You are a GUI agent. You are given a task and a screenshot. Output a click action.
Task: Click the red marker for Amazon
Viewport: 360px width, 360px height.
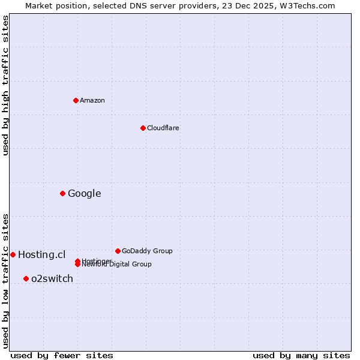[76, 100]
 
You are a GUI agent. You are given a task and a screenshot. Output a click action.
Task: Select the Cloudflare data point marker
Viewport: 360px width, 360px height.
[143, 128]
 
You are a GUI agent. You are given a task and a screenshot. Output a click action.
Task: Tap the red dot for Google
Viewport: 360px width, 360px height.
[62, 193]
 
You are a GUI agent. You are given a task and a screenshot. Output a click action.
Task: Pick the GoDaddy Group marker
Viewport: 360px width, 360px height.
[118, 251]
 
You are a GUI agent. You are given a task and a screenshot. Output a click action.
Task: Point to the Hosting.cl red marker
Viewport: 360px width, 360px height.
[13, 254]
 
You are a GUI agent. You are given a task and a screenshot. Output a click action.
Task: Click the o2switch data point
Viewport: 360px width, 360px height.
[26, 278]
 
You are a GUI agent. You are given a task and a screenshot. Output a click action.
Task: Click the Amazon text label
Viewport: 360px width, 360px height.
[92, 100]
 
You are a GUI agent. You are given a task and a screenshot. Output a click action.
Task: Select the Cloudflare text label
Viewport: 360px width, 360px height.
[163, 128]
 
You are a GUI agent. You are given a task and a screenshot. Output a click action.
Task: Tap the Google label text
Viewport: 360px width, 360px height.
[84, 193]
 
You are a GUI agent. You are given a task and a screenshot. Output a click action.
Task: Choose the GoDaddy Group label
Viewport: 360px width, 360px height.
[147, 251]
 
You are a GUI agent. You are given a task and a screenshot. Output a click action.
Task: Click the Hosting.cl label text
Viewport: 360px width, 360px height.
[41, 254]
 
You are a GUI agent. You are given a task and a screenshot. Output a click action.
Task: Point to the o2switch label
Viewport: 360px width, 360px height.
[52, 278]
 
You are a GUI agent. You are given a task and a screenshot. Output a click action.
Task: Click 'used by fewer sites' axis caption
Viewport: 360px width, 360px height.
[62, 355]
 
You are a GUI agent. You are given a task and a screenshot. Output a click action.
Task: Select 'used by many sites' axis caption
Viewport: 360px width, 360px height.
[301, 355]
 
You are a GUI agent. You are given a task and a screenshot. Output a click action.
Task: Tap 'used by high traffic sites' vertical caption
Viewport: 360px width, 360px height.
[5, 85]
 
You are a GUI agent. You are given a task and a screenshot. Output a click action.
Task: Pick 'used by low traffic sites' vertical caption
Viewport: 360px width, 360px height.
[5, 280]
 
